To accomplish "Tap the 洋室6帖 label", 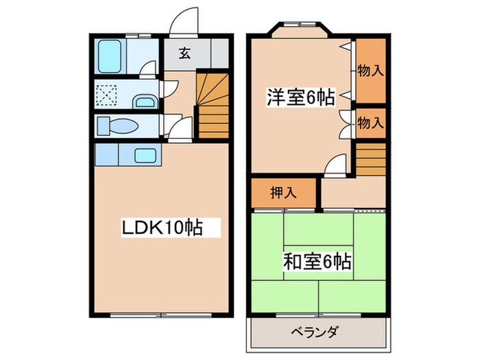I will tap(300, 98).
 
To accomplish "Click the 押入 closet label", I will tap(283, 192).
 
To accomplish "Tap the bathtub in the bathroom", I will tap(108, 55).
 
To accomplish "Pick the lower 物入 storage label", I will tap(370, 123).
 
